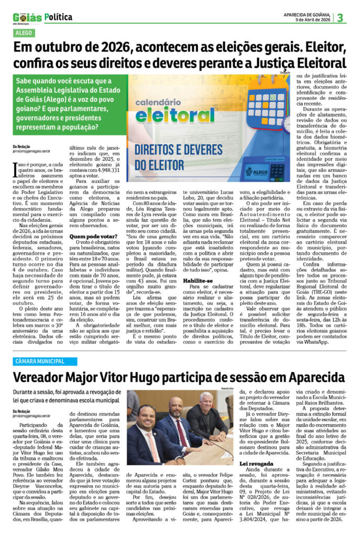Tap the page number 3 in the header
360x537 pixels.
[340, 17]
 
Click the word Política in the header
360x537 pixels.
[59, 17]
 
